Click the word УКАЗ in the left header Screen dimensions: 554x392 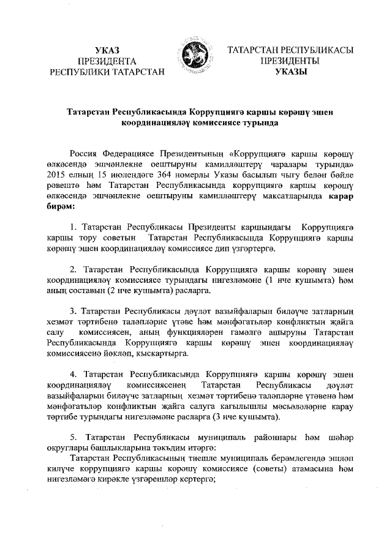(x=107, y=50)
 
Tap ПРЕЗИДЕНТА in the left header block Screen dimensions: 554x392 (x=107, y=61)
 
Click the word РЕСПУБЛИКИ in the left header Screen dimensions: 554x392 (x=81, y=72)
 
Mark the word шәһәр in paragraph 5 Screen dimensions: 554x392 (x=341, y=438)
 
